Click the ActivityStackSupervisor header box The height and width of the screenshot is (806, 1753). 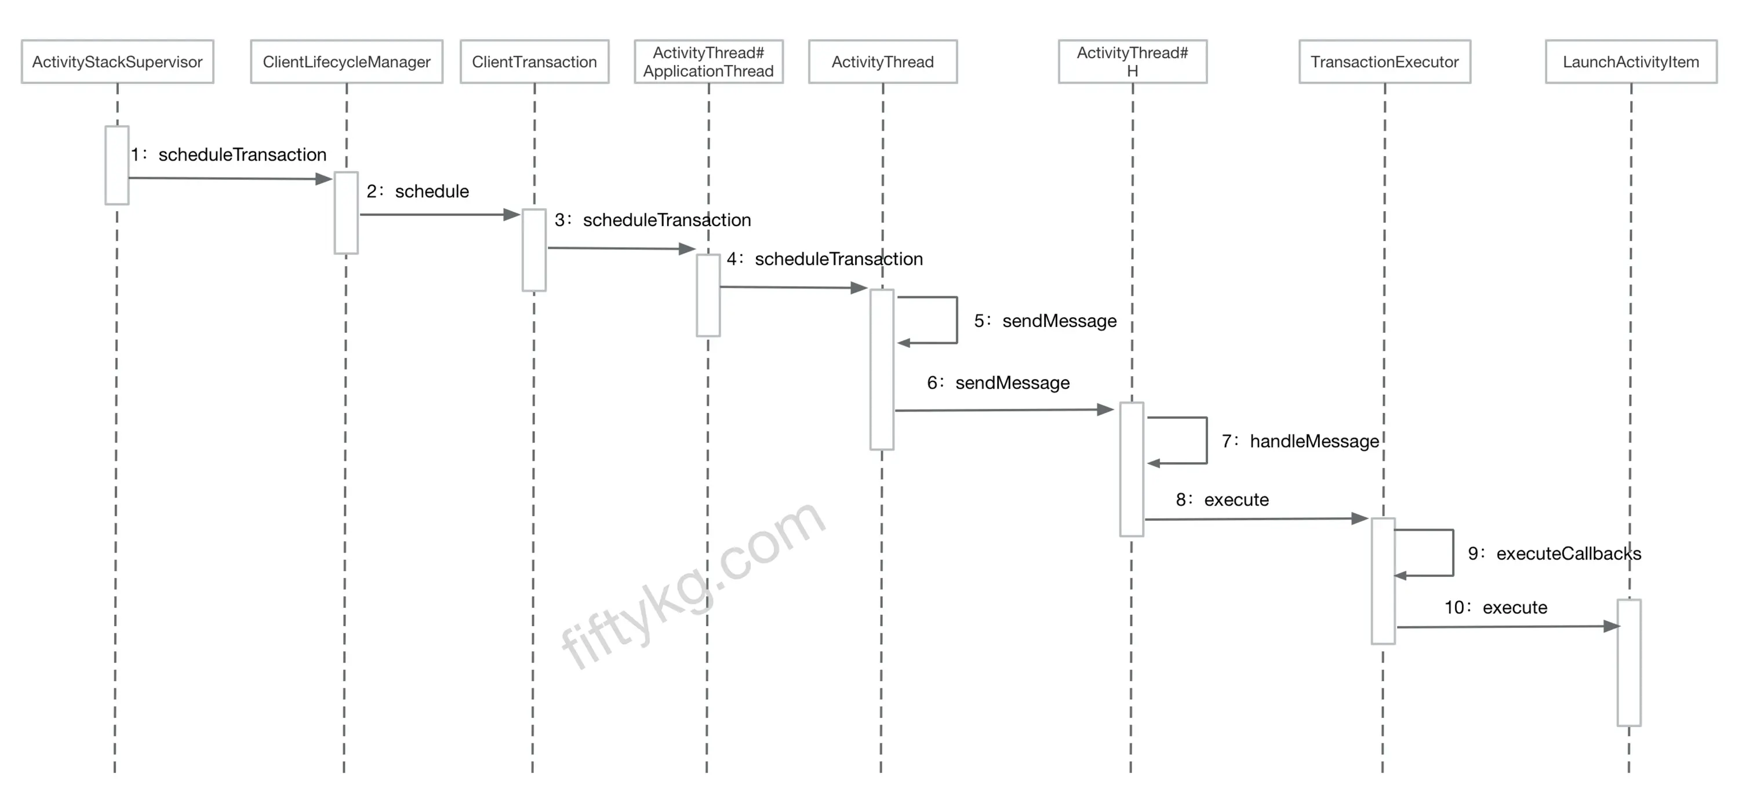click(117, 62)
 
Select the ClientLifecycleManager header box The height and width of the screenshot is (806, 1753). click(347, 62)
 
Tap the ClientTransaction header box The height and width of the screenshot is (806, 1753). click(534, 62)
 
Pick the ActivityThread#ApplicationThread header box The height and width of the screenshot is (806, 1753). click(708, 62)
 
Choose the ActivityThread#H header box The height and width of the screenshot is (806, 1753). click(1132, 62)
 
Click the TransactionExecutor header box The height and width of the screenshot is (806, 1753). click(1384, 62)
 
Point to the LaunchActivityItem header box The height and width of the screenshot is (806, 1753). click(1631, 62)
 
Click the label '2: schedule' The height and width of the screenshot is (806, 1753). click(418, 191)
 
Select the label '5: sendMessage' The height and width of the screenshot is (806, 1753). click(1045, 321)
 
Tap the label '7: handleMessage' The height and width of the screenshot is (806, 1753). click(1300, 441)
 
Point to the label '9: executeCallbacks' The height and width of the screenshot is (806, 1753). click(1554, 553)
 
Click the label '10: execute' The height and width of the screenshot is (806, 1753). click(1496, 607)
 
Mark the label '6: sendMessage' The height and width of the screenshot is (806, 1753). click(998, 383)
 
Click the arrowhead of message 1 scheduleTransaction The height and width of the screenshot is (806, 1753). click(324, 179)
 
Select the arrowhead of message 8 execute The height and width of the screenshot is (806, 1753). click(1359, 519)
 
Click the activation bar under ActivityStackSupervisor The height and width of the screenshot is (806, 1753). click(117, 165)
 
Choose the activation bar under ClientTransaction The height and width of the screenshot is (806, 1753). click(534, 250)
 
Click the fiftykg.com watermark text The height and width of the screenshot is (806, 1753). click(693, 586)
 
